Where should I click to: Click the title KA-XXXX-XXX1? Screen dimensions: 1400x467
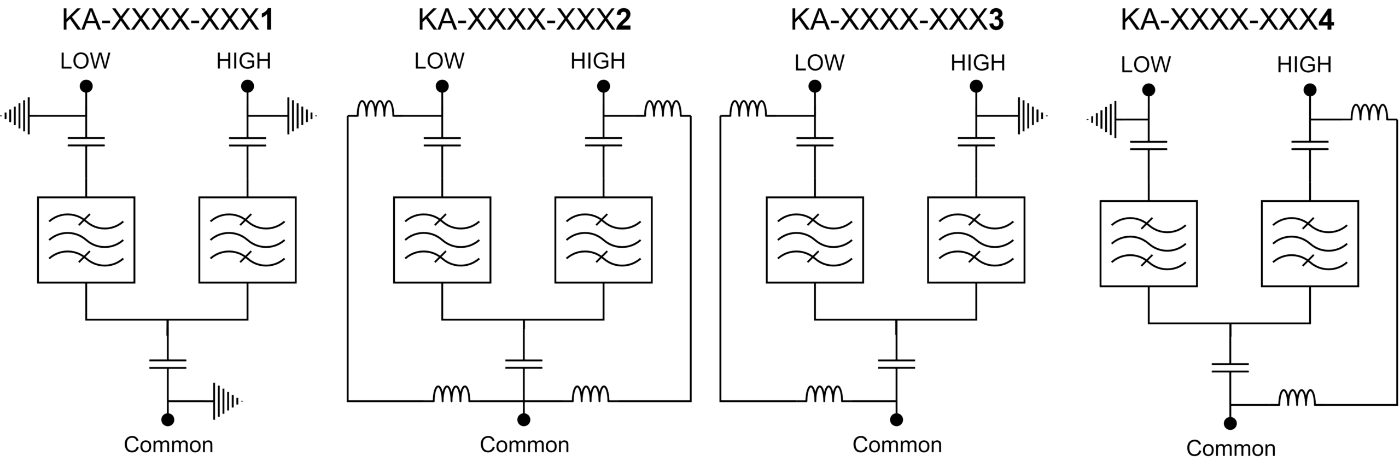pyautogui.click(x=168, y=21)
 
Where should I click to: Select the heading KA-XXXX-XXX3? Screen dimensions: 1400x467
pyautogui.click(x=897, y=21)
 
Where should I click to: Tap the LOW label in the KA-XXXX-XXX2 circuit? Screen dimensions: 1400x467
pyautogui.click(x=439, y=61)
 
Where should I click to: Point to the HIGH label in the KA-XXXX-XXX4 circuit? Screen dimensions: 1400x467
pyautogui.click(x=1304, y=65)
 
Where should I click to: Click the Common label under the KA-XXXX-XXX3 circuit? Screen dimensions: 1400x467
pyautogui.click(x=897, y=445)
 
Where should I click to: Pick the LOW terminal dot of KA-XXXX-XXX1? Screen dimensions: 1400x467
pyautogui.click(x=86, y=86)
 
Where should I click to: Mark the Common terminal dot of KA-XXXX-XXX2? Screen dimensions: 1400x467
pyautogui.click(x=524, y=419)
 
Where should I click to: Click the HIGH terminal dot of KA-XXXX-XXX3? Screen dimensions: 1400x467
pyautogui.click(x=976, y=86)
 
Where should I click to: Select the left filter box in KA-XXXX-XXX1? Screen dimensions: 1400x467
pyautogui.click(x=86, y=240)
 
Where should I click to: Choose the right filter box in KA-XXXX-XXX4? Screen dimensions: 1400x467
pyautogui.click(x=1310, y=243)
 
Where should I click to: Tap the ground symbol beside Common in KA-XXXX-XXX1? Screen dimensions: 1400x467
pyautogui.click(x=227, y=401)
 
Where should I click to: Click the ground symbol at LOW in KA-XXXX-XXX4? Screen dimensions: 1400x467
pyautogui.click(x=1102, y=119)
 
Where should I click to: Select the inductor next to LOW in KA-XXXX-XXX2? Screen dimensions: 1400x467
pyautogui.click(x=375, y=109)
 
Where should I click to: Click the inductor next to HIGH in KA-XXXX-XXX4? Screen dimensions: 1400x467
pyautogui.click(x=1369, y=112)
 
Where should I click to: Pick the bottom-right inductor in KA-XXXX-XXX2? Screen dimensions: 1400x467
pyautogui.click(x=591, y=394)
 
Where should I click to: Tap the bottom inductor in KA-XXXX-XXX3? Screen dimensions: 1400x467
pyautogui.click(x=824, y=394)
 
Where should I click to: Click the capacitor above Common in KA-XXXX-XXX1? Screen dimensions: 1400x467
pyautogui.click(x=168, y=364)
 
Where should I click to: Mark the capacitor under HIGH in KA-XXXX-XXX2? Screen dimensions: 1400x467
pyautogui.click(x=603, y=142)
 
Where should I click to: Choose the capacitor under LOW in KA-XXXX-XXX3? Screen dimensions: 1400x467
pyautogui.click(x=815, y=142)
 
